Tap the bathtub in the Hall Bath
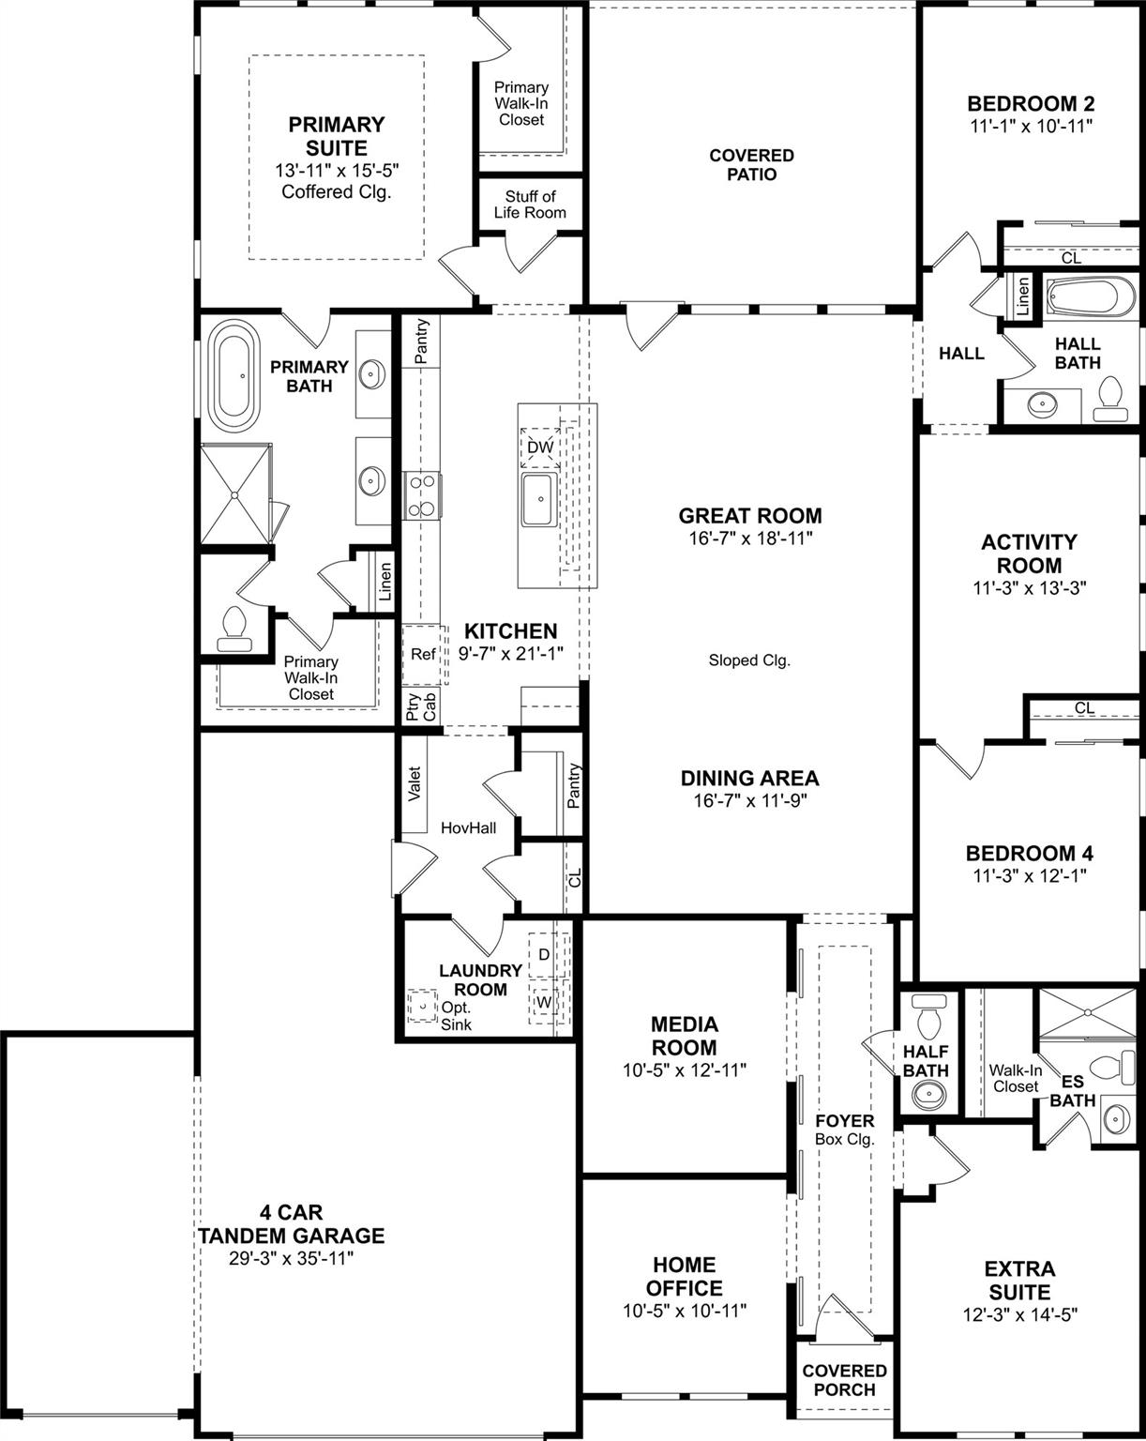coord(1089,299)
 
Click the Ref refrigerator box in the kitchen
coord(423,654)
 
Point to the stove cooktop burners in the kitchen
coord(423,494)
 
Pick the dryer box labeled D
coord(543,955)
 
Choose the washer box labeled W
coord(543,1002)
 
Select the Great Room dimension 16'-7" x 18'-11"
coord(750,538)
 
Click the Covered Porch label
coord(844,1380)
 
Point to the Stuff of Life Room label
coord(530,205)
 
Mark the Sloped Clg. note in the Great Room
coord(749,660)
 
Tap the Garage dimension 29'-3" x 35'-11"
coord(292,1259)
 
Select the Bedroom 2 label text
coord(1031,103)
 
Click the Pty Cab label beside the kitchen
coord(422,706)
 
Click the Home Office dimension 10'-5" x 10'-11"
coord(685,1311)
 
